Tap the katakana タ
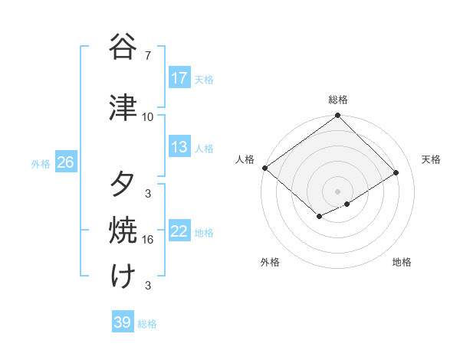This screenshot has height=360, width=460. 123,183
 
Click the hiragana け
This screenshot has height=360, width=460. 123,276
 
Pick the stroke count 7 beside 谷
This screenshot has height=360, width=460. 147,56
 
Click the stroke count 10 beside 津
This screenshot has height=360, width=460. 148,116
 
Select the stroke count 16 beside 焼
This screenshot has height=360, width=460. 148,240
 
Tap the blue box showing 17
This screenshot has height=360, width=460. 179,78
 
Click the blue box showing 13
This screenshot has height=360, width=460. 179,148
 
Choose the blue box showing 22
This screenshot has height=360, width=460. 179,232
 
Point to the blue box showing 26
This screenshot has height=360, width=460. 65,162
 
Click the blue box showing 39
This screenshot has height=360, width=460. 123,322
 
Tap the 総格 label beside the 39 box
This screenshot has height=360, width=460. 147,324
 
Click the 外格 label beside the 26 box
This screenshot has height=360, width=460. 41,163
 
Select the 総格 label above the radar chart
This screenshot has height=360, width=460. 338,100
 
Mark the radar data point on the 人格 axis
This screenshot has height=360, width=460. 264,168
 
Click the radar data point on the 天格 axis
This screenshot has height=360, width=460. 396,173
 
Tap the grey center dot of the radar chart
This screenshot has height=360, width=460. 337,191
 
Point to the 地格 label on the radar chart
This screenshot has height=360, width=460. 402,262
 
